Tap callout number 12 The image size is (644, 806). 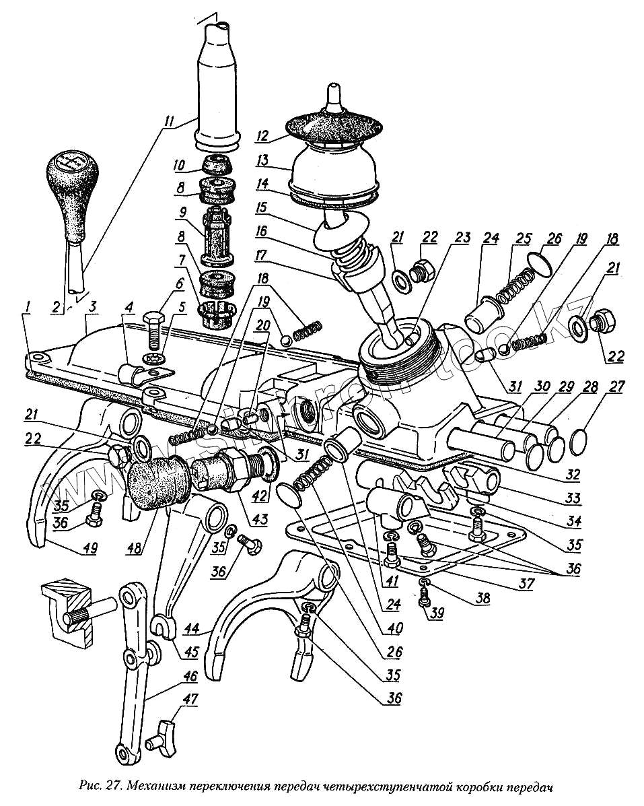[262, 135]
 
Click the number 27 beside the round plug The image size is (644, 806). [616, 387]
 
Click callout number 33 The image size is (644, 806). [573, 498]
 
